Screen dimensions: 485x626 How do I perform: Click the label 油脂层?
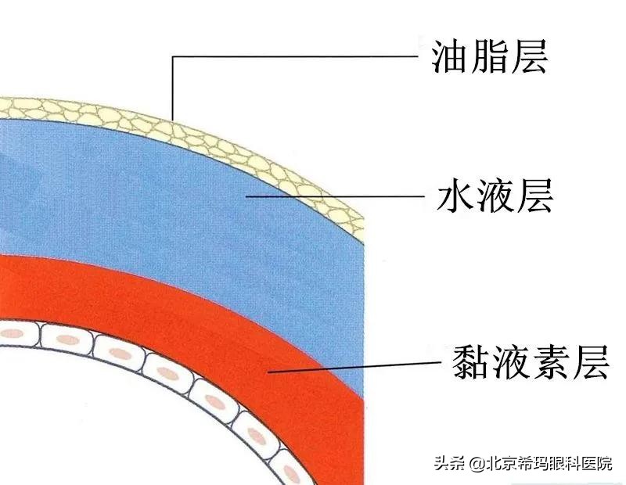[x=490, y=56]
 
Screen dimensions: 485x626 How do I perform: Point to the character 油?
[x=451, y=56]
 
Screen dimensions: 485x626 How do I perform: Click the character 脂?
[x=490, y=56]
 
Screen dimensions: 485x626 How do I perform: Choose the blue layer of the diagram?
[x=156, y=196]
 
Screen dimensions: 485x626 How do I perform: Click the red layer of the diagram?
[x=156, y=289]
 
